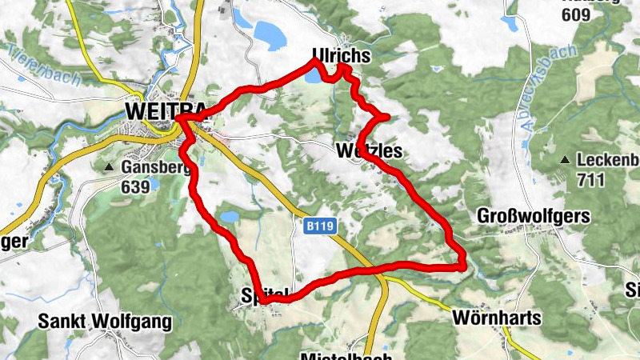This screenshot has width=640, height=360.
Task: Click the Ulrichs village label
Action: tap(342, 55)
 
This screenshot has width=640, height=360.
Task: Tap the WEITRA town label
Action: tap(156, 109)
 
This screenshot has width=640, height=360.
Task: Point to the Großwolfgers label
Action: tap(533, 216)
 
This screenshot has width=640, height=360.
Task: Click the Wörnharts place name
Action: tap(496, 318)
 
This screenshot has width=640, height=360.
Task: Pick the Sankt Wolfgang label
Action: tap(105, 322)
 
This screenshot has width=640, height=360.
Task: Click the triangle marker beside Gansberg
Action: tap(109, 167)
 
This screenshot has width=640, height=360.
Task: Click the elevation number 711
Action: tap(590, 180)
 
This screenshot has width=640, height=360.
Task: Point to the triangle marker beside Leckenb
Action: tap(565, 160)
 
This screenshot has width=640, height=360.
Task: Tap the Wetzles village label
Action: tap(368, 151)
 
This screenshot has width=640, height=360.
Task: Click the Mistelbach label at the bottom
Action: tap(346, 354)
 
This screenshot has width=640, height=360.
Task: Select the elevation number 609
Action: tap(576, 14)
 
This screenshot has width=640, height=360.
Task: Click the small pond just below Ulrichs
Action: tap(313, 79)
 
